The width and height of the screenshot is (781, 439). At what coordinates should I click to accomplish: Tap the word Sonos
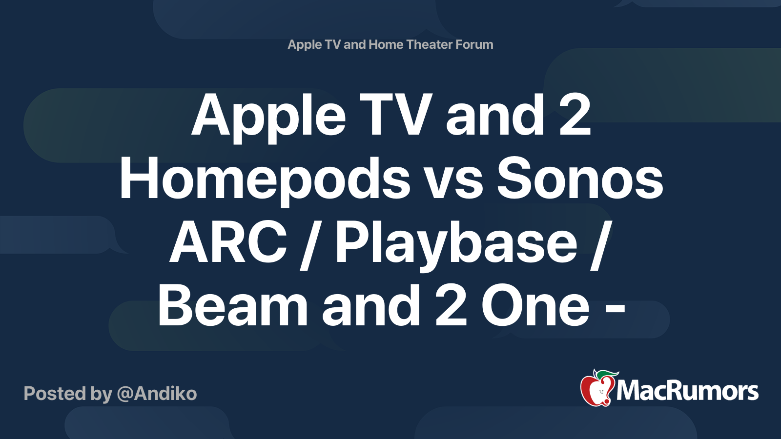point(579,179)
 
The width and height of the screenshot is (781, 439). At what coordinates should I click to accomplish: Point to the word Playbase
point(456,246)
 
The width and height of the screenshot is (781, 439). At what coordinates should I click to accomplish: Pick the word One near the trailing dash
point(535,306)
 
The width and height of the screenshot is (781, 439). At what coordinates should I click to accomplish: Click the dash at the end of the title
point(614,311)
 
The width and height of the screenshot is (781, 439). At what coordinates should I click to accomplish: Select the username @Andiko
point(157,394)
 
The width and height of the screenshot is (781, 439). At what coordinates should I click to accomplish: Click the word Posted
point(55,393)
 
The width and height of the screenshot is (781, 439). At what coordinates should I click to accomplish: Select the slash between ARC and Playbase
point(311,245)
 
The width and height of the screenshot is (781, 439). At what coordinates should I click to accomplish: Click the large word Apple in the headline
point(268,119)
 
